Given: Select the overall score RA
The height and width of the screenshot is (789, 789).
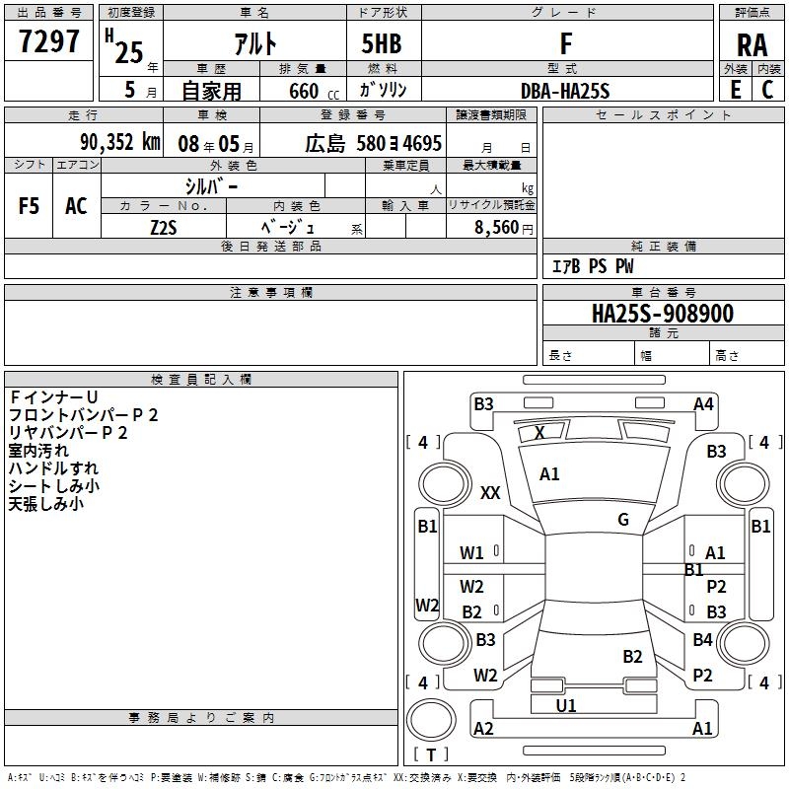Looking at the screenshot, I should point(752,45).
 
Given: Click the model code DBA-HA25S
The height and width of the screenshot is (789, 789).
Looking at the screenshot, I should point(565,91).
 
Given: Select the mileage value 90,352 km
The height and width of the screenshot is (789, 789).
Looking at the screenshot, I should point(119,142).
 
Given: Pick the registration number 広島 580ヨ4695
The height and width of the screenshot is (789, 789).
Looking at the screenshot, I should point(373,143).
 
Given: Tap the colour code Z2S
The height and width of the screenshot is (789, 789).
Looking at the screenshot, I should point(164,226).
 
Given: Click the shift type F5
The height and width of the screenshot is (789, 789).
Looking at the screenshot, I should point(30,206).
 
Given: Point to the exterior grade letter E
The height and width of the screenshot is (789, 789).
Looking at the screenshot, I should point(735,90).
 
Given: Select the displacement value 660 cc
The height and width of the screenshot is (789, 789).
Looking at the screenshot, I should point(307,91).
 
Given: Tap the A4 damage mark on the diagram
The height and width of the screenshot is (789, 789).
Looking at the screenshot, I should point(703,403).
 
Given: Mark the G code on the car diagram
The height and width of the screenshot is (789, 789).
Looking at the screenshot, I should point(622,520).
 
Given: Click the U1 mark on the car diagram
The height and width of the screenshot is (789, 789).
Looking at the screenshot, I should point(566,705).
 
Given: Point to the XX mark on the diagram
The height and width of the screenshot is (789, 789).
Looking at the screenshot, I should point(490,493).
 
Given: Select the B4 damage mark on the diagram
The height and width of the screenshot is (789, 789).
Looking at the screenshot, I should point(702,640).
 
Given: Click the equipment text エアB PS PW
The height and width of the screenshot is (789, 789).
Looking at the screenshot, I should point(593,267).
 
